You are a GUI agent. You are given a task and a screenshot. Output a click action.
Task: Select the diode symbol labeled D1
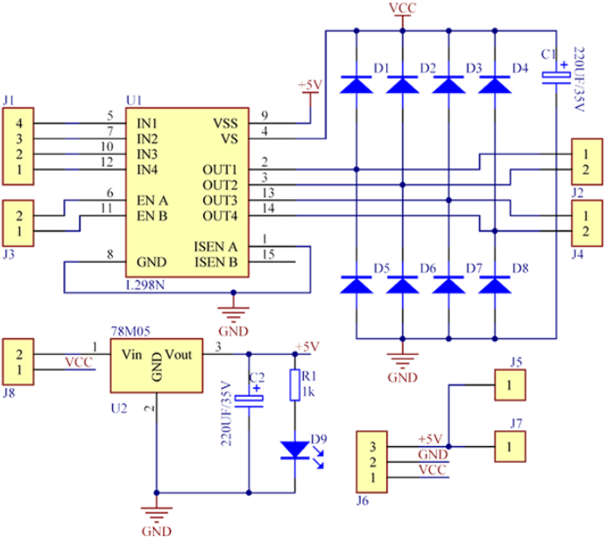[356, 84]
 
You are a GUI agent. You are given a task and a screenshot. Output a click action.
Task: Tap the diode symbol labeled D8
[494, 284]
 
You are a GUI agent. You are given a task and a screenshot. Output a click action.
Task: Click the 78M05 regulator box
[156, 366]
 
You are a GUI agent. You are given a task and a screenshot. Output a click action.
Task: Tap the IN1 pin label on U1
[148, 122]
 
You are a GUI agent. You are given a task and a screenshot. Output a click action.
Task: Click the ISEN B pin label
[215, 261]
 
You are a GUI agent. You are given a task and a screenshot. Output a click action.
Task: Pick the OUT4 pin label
[220, 216]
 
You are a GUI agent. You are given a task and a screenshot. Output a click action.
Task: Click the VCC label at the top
[401, 9]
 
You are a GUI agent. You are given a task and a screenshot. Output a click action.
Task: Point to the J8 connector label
[9, 394]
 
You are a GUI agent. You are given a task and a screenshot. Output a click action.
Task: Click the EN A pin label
[152, 201]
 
